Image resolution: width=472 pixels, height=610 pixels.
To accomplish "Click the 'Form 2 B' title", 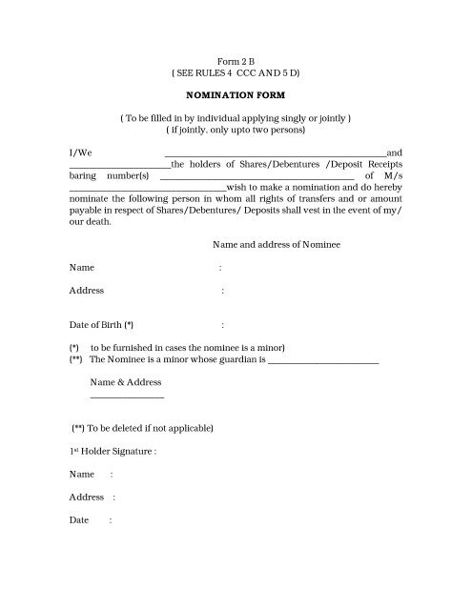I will click(236, 59).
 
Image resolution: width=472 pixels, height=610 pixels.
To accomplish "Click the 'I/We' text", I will click(79, 152).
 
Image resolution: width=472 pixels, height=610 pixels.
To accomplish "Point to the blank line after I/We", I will click(276, 154).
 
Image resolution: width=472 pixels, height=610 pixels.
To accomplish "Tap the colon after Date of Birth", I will click(222, 325).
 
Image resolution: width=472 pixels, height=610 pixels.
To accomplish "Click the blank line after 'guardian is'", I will click(323, 363).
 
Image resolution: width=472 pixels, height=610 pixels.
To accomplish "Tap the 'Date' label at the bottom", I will click(79, 520).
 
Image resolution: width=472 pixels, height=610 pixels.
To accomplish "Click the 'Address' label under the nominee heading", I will click(87, 291).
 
